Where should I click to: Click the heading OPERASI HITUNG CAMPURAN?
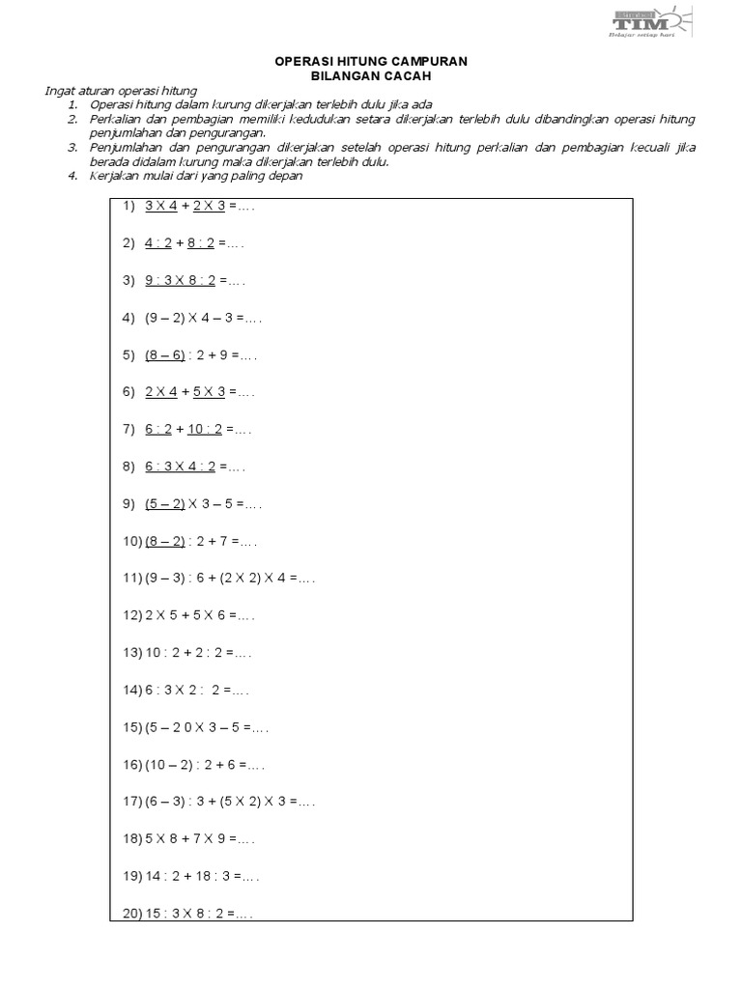[371, 61]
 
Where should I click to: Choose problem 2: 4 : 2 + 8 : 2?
[193, 243]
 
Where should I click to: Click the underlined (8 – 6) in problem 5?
[164, 355]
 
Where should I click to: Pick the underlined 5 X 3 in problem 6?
[209, 392]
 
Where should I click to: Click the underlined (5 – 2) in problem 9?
[164, 504]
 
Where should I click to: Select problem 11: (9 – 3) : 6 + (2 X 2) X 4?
[228, 579]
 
